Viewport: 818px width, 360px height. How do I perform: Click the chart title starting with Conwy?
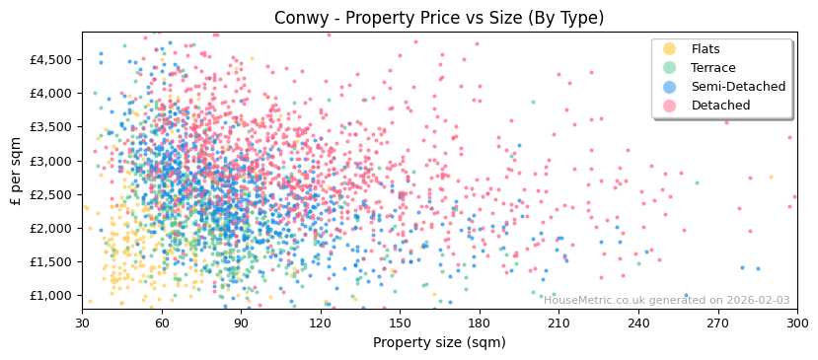tap(439, 18)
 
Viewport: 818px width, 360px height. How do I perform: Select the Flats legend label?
tap(705, 49)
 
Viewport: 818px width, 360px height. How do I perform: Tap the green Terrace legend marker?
tap(670, 68)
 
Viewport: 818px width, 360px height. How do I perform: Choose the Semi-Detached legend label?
tap(738, 87)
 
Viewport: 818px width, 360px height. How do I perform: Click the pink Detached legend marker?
tap(670, 106)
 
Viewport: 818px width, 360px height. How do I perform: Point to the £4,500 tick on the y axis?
tap(51, 59)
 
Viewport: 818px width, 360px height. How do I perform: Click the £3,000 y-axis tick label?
tap(51, 161)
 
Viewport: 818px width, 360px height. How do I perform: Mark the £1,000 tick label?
tap(51, 296)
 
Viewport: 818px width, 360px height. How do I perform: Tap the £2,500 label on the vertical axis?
tap(51, 194)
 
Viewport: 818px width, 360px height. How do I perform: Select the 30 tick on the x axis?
tap(82, 323)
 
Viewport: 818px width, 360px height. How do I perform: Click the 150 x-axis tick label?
tap(400, 323)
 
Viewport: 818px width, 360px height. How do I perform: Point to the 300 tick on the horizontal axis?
tap(797, 323)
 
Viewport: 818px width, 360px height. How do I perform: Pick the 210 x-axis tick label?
tap(558, 323)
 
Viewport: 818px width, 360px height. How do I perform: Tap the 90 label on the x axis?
tap(241, 323)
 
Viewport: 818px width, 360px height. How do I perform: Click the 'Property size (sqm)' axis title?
tap(439, 342)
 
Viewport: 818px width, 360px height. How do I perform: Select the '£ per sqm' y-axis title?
tap(17, 172)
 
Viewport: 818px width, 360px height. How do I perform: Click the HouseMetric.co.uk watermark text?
tap(666, 301)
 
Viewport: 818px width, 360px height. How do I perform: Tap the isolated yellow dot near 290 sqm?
tap(771, 178)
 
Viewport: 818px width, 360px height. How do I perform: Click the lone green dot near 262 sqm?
tap(697, 182)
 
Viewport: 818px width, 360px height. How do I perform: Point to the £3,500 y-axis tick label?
tap(51, 127)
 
